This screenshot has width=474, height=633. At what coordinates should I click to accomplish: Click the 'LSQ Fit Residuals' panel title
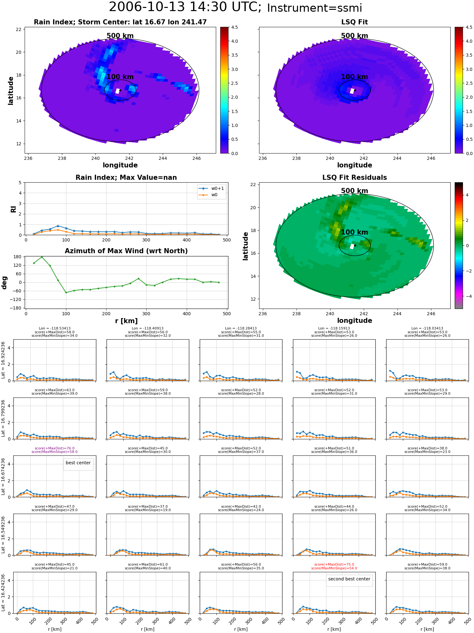pos(355,178)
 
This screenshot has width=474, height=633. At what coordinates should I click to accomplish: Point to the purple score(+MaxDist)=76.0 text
pos(55,448)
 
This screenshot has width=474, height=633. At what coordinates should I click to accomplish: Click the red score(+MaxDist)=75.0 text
pos(334,564)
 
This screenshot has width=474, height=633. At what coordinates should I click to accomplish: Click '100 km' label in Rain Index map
pos(120,77)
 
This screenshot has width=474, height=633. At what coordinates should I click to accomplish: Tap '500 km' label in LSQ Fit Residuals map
pos(355,191)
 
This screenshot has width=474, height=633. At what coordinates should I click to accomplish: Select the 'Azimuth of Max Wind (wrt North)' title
pos(126,251)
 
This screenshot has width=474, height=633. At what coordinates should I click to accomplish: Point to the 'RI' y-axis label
pos(13,209)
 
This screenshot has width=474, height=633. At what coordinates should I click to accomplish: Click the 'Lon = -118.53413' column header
pos(55,328)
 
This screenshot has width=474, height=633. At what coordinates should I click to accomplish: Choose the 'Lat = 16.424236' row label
pos(3,592)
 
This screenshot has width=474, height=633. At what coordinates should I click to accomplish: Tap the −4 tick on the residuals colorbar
pos(467,296)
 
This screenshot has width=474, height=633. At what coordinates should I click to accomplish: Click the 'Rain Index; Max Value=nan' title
pos(126,178)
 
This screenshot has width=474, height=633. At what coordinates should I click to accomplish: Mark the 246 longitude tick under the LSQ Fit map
pos(431,158)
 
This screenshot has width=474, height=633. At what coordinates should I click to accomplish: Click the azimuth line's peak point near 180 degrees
pos(42,257)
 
